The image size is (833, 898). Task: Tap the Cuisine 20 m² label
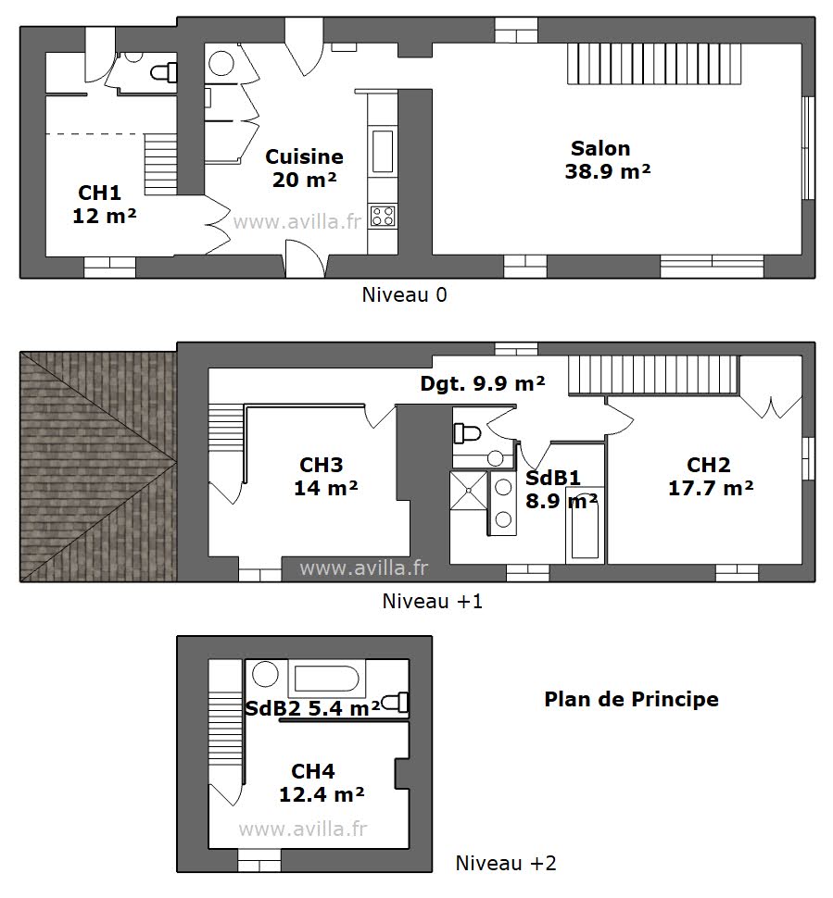coord(304,168)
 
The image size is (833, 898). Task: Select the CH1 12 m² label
coord(103,204)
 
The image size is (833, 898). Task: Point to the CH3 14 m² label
coord(325,476)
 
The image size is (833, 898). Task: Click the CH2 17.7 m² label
coord(709,476)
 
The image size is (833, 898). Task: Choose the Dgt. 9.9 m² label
coord(482,383)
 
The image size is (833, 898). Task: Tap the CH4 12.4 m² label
coord(320,782)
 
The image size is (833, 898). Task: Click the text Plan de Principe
coord(630,699)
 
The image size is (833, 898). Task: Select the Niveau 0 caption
coord(404,295)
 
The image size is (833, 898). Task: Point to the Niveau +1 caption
coord(433,601)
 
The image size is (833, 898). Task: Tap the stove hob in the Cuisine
coord(382,216)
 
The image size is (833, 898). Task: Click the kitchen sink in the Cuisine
coord(382,151)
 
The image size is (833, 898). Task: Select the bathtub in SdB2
coord(324,680)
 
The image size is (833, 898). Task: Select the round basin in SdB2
coord(266,676)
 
